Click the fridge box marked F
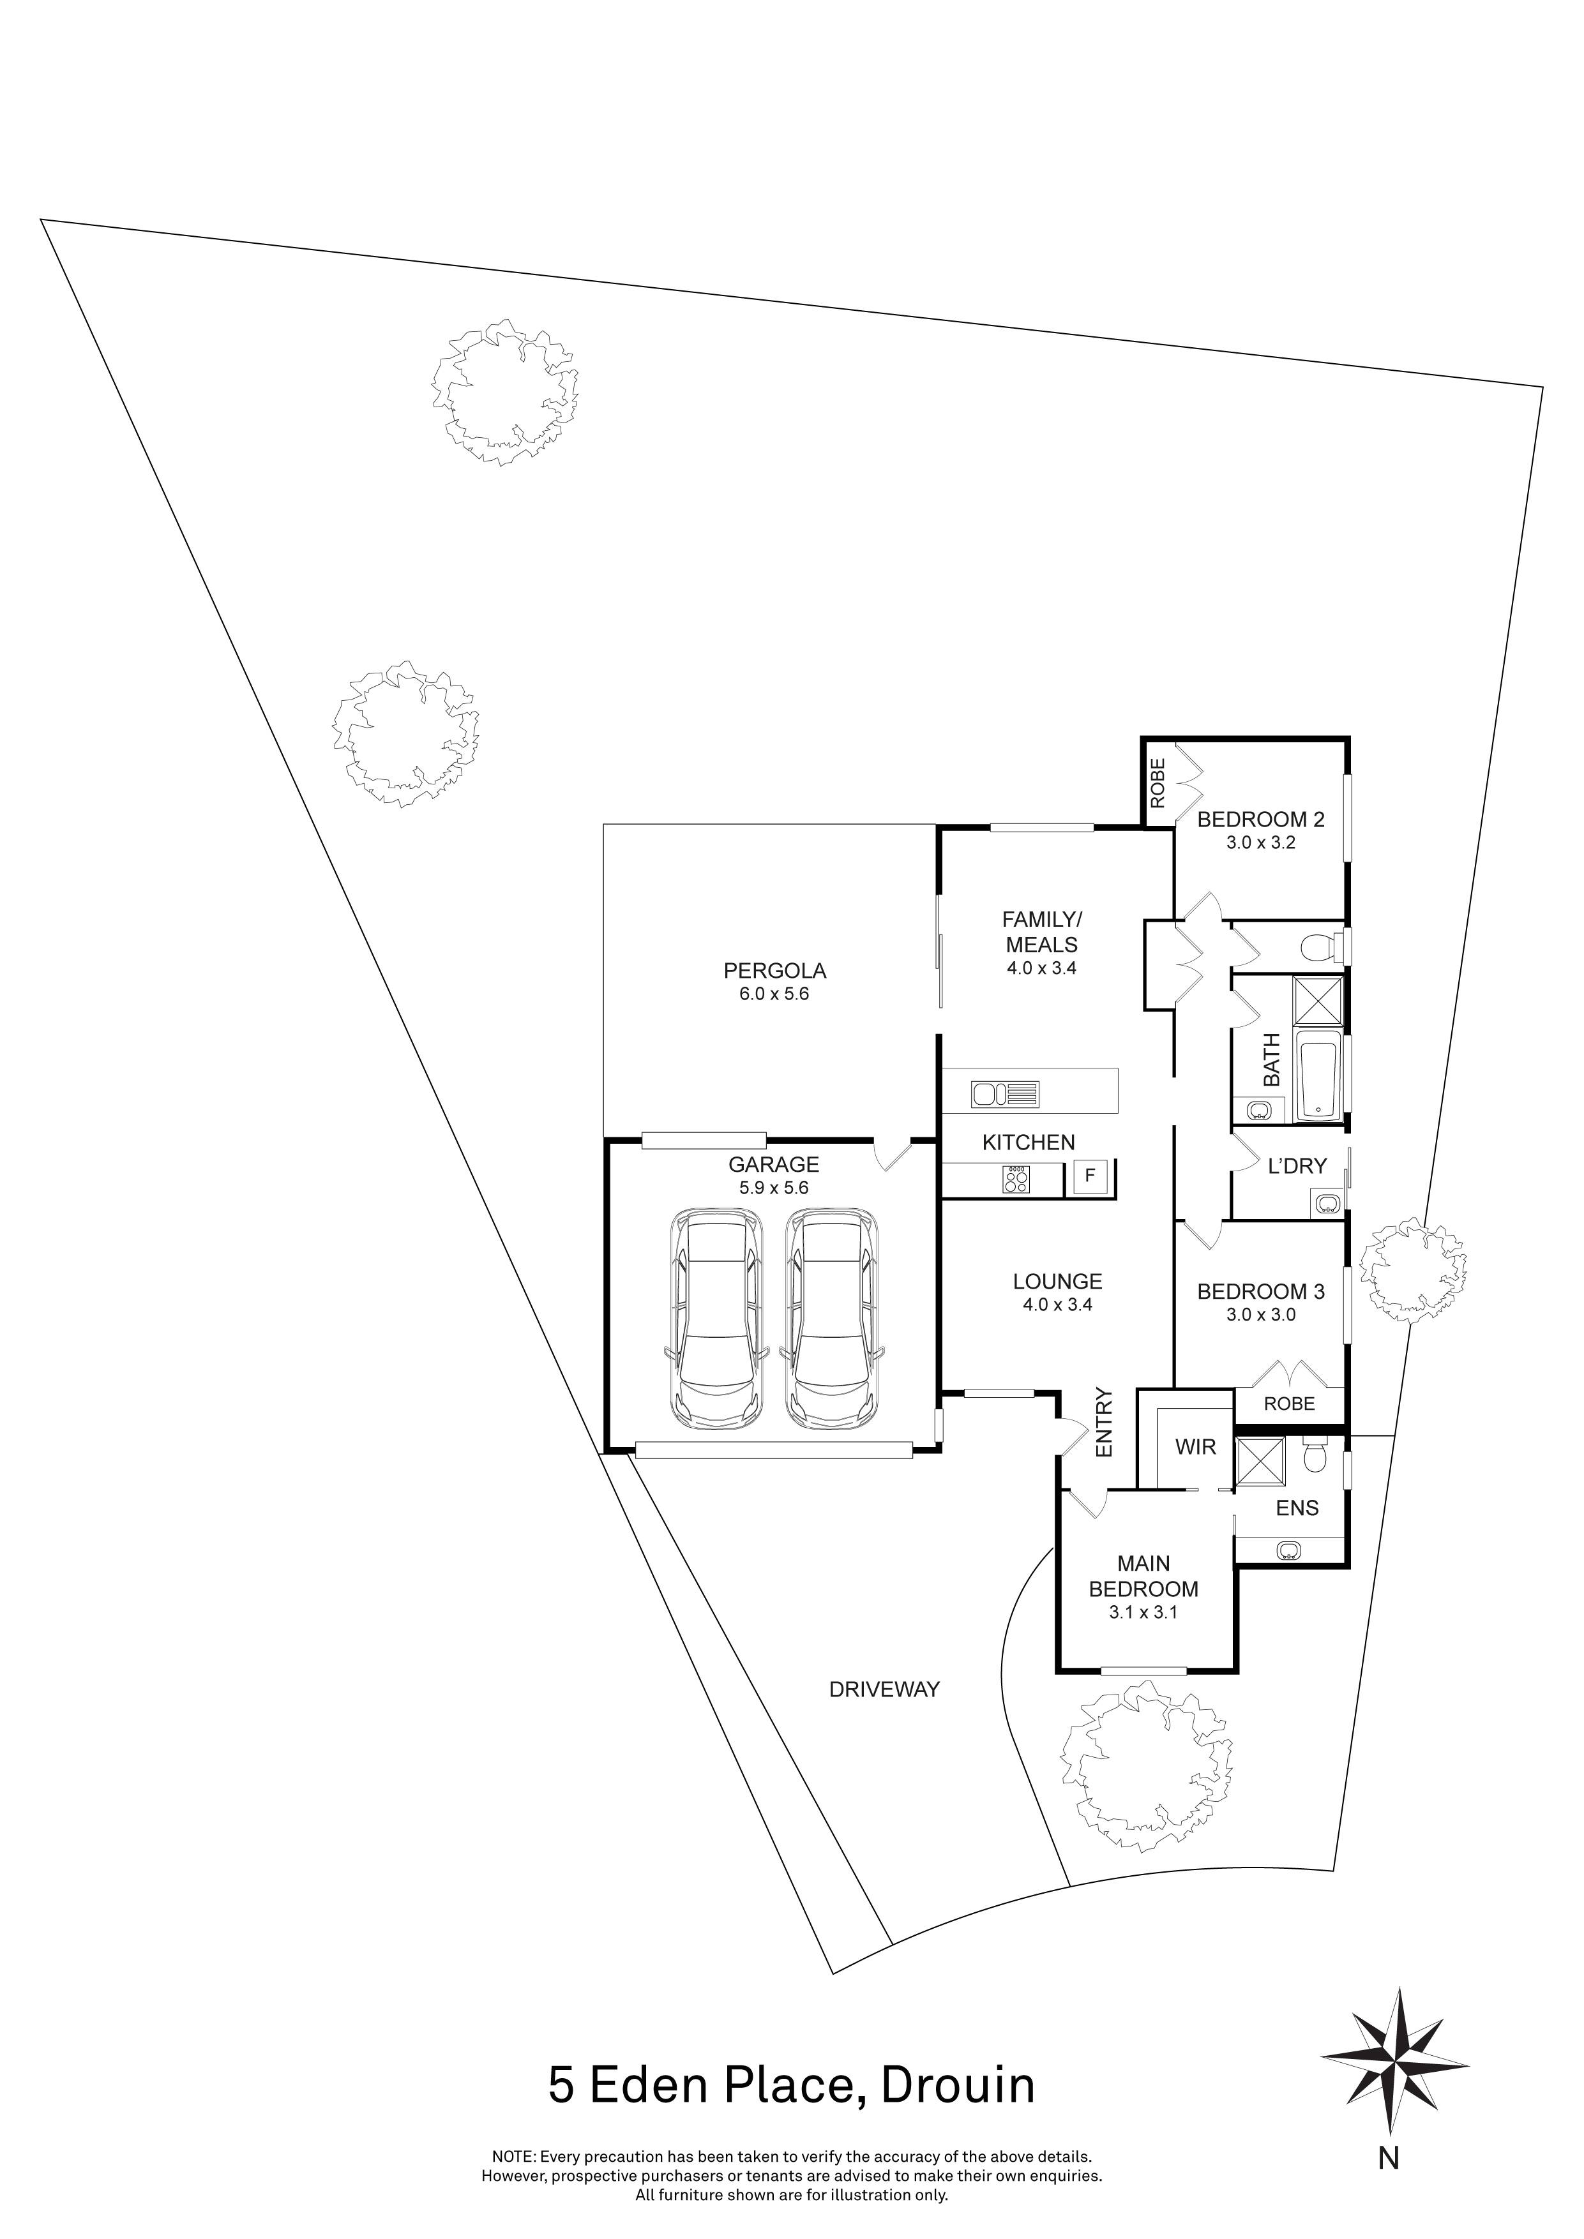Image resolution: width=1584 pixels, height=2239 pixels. (1090, 1177)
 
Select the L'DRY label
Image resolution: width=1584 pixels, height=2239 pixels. (1297, 1165)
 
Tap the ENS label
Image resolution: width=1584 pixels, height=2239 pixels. (1297, 1509)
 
